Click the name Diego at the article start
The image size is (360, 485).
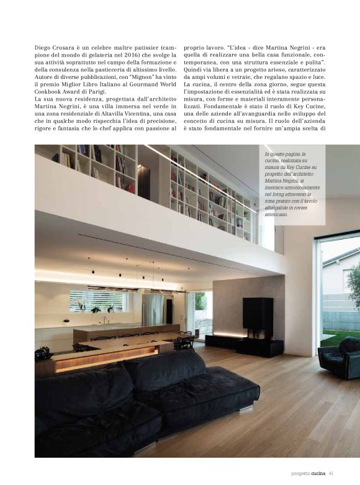coord(43,47)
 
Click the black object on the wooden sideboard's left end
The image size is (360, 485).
coord(42,355)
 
